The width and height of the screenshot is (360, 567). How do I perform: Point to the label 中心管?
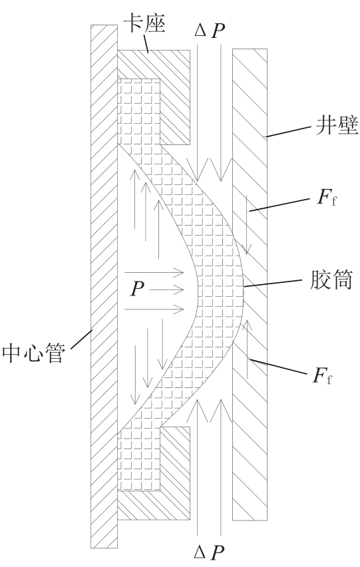point(34,353)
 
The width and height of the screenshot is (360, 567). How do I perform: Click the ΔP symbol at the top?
point(210,31)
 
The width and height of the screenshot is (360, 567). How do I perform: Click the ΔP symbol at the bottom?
point(209,552)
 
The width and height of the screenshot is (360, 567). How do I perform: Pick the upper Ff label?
point(326,198)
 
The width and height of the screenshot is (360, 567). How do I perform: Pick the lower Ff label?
point(322,376)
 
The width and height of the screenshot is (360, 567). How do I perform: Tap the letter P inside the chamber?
point(137,289)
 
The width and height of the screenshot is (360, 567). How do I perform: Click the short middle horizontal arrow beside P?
point(166,289)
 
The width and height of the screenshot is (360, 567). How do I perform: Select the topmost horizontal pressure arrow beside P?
point(154,272)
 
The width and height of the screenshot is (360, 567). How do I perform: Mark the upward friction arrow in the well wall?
point(248,349)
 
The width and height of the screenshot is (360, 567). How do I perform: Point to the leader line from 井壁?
point(288,132)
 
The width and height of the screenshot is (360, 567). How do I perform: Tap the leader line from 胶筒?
point(272,283)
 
